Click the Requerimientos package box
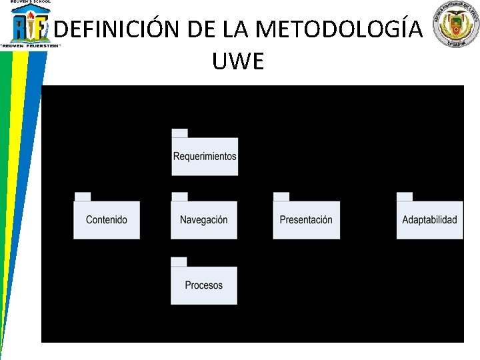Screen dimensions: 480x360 point(205,157)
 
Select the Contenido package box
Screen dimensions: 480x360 point(107,220)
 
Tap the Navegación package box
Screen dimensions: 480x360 point(204,220)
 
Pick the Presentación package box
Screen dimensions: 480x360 point(306,220)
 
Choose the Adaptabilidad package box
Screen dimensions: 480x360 point(429,220)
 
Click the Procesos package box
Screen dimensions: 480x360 point(204,285)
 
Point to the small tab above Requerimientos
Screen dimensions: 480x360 point(179,133)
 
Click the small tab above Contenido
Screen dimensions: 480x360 point(82,196)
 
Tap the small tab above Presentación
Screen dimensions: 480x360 point(281,196)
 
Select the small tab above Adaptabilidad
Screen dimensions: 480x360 point(404,196)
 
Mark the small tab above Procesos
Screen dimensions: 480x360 point(179,261)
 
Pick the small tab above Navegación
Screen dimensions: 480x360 point(179,196)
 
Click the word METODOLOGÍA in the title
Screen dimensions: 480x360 point(339,29)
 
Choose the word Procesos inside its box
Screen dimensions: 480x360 point(204,285)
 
